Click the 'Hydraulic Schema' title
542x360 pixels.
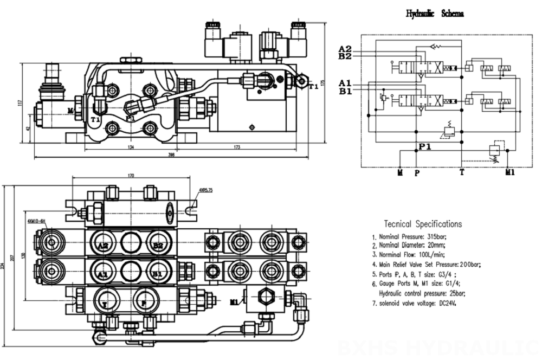(x=434, y=13)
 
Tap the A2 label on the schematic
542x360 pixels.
(x=345, y=48)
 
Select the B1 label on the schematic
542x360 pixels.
(x=345, y=91)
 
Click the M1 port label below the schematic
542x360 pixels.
(x=509, y=172)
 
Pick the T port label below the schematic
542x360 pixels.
(x=462, y=172)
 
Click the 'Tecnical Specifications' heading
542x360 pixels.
(x=423, y=224)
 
